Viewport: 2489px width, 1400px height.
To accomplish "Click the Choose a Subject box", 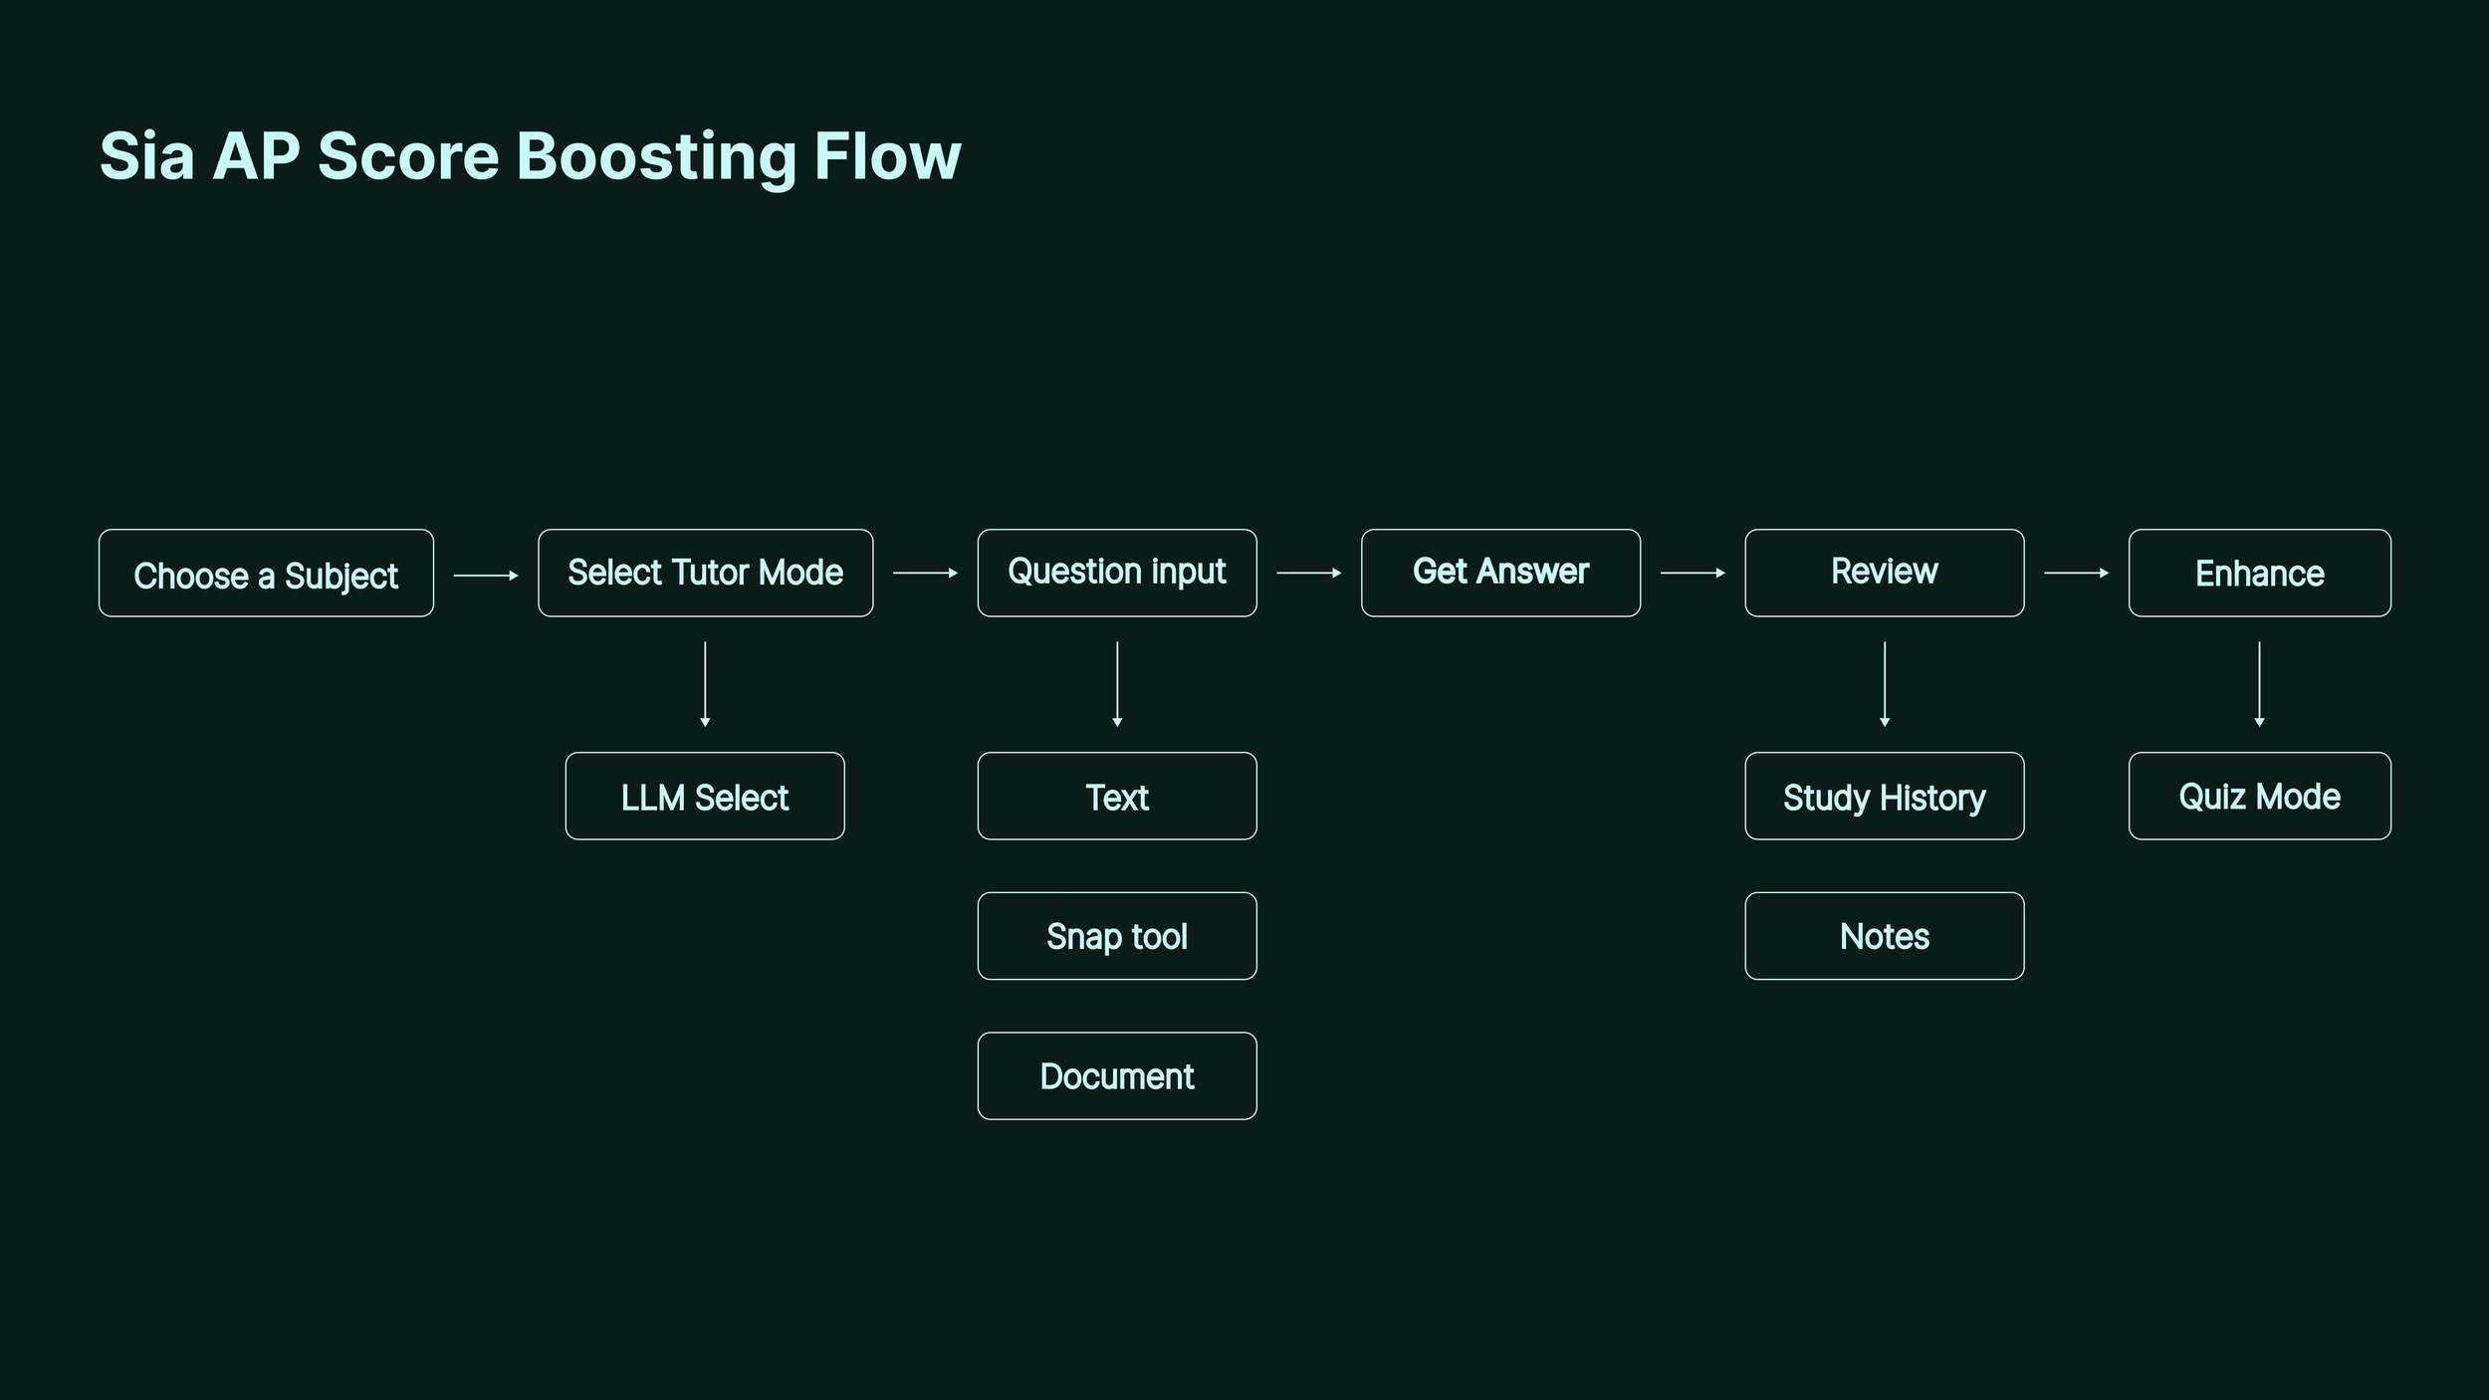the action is click(x=266, y=573).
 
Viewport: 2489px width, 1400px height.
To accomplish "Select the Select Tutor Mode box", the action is click(x=705, y=573).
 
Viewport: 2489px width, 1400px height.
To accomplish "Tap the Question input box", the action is click(x=1117, y=573).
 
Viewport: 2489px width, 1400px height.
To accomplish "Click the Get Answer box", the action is click(x=1500, y=573).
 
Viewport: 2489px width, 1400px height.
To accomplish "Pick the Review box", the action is click(x=1884, y=573).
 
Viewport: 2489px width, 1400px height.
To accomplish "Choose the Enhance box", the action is click(x=2259, y=573).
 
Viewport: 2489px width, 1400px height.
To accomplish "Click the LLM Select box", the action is click(x=705, y=796).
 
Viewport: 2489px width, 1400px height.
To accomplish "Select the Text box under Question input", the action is click(x=1117, y=796).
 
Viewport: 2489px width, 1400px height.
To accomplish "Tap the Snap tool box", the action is click(x=1117, y=936).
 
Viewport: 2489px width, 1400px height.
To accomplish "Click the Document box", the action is click(x=1117, y=1076).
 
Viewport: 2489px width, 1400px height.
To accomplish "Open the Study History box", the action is click(x=1884, y=796).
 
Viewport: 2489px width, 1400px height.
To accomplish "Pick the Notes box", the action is click(x=1884, y=936).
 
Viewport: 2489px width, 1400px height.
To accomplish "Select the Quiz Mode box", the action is click(x=2259, y=796).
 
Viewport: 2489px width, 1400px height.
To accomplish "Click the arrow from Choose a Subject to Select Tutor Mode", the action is click(x=486, y=576).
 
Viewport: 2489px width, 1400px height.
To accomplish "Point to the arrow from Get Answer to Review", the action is click(x=1693, y=573).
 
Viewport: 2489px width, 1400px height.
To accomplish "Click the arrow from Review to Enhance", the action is click(x=2076, y=573).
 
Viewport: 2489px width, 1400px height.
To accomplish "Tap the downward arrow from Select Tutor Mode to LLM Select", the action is click(x=705, y=684).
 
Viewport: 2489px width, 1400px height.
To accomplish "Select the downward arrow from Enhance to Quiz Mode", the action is click(x=2259, y=684).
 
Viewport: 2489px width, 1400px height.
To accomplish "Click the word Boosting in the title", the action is click(x=656, y=157).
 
